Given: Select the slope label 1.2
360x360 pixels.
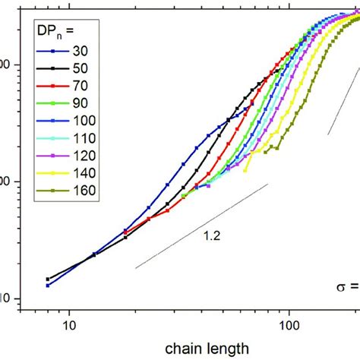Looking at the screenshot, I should [212, 236].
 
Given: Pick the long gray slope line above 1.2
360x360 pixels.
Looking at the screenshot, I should [201, 226].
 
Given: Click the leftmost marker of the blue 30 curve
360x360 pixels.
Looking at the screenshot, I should [48, 285].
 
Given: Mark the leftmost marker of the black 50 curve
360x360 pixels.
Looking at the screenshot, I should [48, 279].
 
